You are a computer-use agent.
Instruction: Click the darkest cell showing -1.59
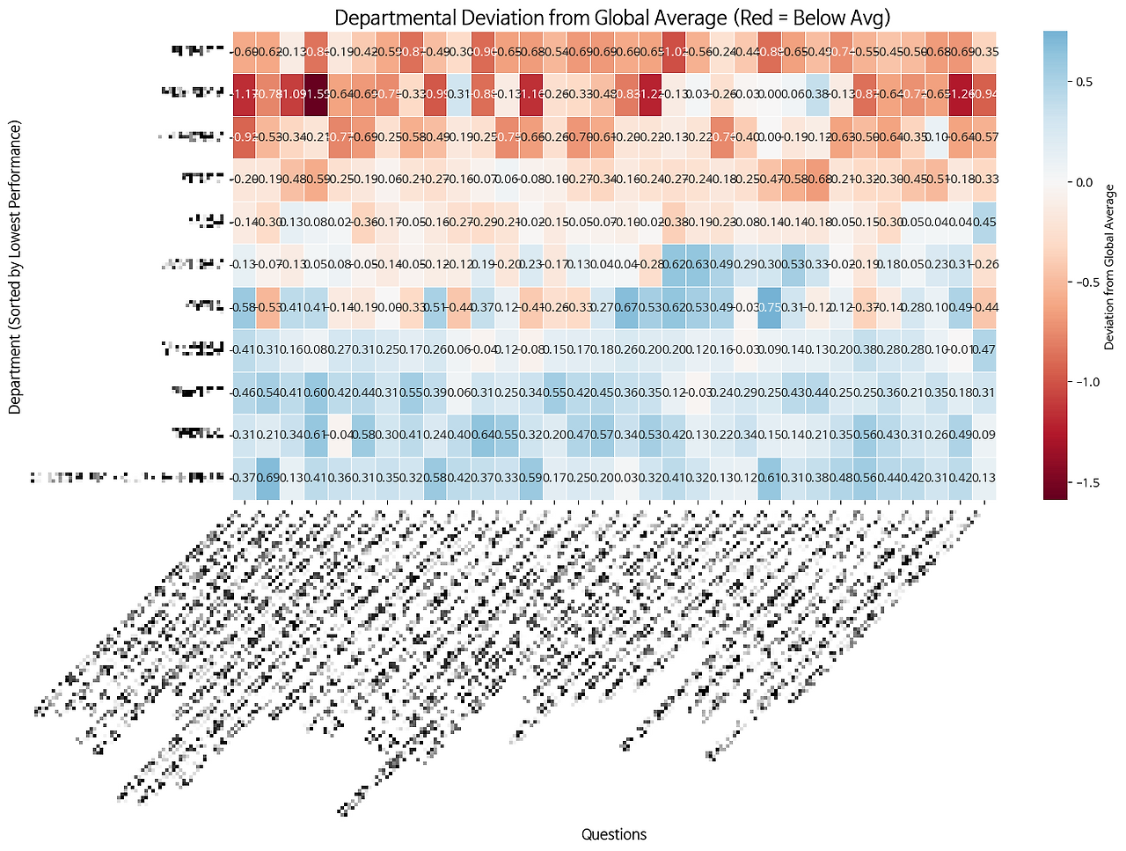point(317,94)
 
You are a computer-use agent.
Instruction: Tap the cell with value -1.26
point(961,94)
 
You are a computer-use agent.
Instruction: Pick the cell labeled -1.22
point(650,94)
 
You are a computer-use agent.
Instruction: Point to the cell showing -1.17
point(245,94)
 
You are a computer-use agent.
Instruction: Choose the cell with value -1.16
point(531,94)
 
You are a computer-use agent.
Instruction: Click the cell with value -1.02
point(675,52)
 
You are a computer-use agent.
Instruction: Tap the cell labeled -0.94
point(984,94)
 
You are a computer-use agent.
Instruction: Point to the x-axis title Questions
point(614,834)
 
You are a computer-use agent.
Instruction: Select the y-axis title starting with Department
point(15,266)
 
